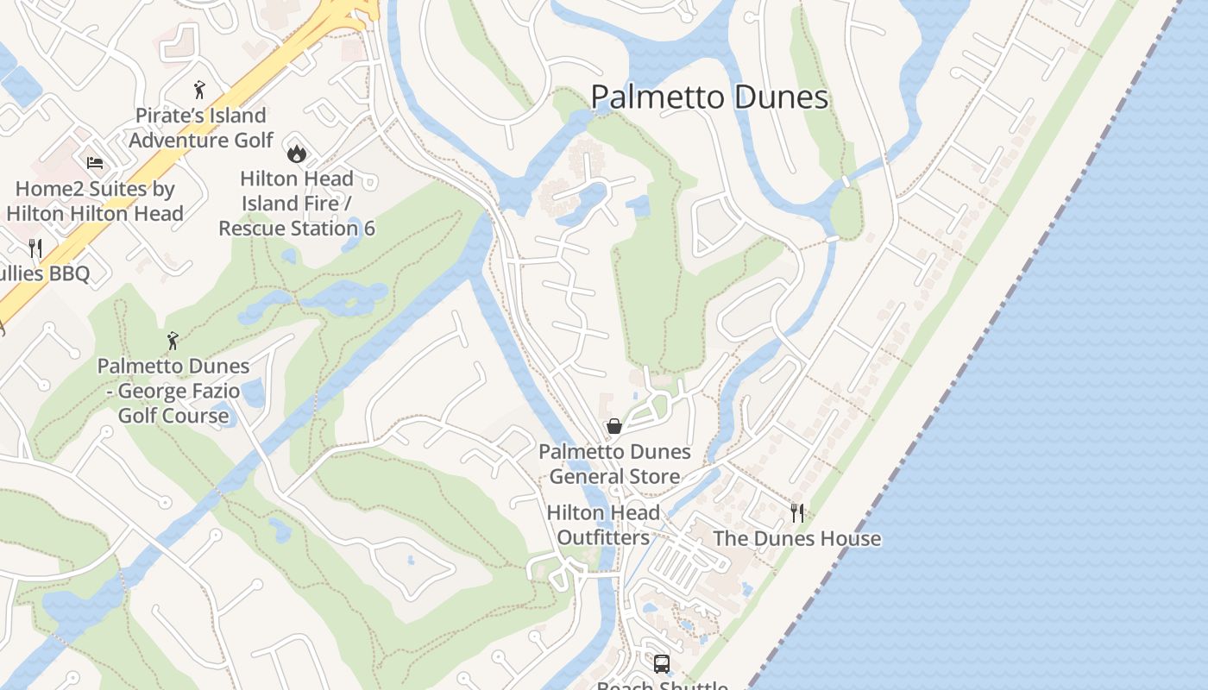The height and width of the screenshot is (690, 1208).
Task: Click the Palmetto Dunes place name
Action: (709, 97)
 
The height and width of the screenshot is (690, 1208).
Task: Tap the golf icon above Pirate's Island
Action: (199, 89)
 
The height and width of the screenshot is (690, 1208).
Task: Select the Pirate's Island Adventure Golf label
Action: (200, 128)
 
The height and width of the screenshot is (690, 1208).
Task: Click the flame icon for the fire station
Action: (296, 154)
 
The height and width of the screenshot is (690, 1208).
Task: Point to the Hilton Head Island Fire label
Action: (296, 191)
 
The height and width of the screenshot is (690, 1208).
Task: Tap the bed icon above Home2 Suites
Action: (95, 163)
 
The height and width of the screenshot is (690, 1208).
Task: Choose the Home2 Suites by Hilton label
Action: (95, 201)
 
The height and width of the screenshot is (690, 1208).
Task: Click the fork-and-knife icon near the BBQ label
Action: (35, 248)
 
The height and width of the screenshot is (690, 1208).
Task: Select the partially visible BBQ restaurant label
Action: (47, 274)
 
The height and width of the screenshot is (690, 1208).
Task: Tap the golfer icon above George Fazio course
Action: (173, 341)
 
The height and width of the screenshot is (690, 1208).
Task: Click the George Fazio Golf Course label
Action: (173, 391)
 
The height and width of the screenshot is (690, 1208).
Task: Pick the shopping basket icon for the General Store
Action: (614, 426)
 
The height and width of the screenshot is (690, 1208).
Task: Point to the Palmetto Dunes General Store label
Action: (614, 464)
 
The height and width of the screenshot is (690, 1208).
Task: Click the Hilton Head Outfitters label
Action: (603, 525)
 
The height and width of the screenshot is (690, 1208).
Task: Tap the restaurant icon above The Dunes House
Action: (797, 513)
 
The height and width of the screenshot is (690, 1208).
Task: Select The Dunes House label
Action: (796, 539)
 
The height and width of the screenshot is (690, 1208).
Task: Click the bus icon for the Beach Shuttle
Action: (662, 664)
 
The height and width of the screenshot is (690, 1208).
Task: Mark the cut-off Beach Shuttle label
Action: (662, 685)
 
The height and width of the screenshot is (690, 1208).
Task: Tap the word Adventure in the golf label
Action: (176, 140)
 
